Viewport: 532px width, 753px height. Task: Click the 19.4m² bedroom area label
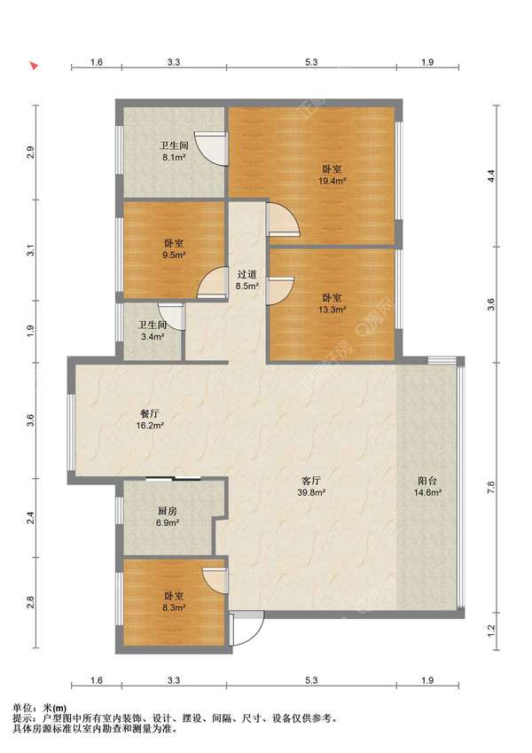pos(332,181)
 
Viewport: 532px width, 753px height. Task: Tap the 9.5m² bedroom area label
pos(174,255)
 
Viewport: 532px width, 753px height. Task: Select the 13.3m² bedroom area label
pos(332,310)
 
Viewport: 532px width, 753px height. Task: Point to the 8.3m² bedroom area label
pos(174,608)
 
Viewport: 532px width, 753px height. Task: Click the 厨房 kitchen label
pos(167,511)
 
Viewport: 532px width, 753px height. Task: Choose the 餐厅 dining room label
pos(150,413)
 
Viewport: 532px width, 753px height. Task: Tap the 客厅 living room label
pos(311,480)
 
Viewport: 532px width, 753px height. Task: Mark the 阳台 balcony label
pos(427,480)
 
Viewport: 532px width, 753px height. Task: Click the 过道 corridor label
pos(246,275)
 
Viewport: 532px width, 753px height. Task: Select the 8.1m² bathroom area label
pos(174,158)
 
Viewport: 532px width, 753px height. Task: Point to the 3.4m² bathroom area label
pos(153,337)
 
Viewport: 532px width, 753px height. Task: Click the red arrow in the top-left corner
pos(34,66)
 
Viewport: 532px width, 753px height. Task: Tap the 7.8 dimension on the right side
pos(490,488)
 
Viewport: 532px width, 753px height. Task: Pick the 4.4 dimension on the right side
pos(490,176)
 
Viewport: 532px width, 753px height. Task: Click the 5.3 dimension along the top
pos(311,62)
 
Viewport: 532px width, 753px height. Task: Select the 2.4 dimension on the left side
pos(30,518)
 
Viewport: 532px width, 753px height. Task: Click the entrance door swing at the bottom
pos(247,628)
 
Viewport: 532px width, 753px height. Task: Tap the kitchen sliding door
pos(173,478)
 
